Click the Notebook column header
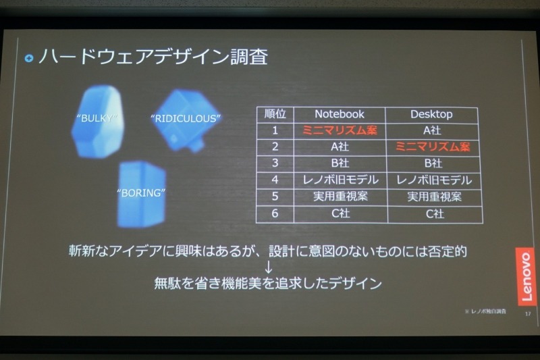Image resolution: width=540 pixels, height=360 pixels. (x=339, y=114)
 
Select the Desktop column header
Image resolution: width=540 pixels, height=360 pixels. (x=431, y=114)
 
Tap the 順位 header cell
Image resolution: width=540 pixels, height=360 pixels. (x=275, y=114)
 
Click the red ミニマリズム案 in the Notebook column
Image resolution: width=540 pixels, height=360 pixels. (x=340, y=130)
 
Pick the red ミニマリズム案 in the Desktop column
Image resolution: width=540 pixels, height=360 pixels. (x=433, y=147)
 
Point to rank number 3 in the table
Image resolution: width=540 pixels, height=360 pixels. (x=275, y=163)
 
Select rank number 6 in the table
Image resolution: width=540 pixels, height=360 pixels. (x=275, y=213)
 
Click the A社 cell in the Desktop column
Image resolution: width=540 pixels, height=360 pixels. (x=431, y=130)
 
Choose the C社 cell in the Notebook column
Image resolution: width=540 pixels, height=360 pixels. (x=340, y=213)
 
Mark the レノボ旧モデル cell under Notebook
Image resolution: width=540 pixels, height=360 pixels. (x=340, y=180)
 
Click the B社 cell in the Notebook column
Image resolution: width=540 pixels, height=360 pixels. (x=340, y=163)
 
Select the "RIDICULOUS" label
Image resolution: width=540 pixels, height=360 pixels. (x=186, y=119)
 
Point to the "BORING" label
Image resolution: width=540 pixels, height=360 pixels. (x=141, y=192)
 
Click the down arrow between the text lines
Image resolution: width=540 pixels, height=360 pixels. (x=268, y=267)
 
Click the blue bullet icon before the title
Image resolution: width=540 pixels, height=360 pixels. (x=29, y=58)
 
